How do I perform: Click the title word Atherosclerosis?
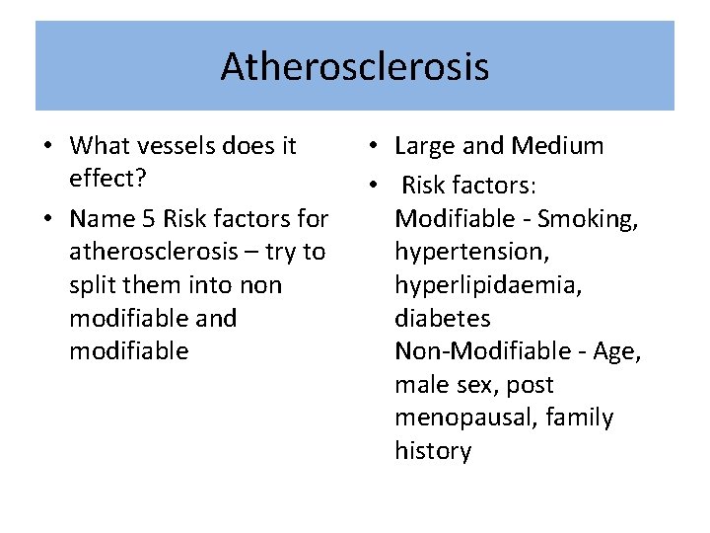pos(354,67)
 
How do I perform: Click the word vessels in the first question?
pos(175,146)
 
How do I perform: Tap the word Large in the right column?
pos(425,147)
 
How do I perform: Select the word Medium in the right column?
pos(557,146)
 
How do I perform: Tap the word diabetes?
pos(442,318)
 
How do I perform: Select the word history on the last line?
pos(433,451)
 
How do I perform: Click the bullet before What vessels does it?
pos(47,147)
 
